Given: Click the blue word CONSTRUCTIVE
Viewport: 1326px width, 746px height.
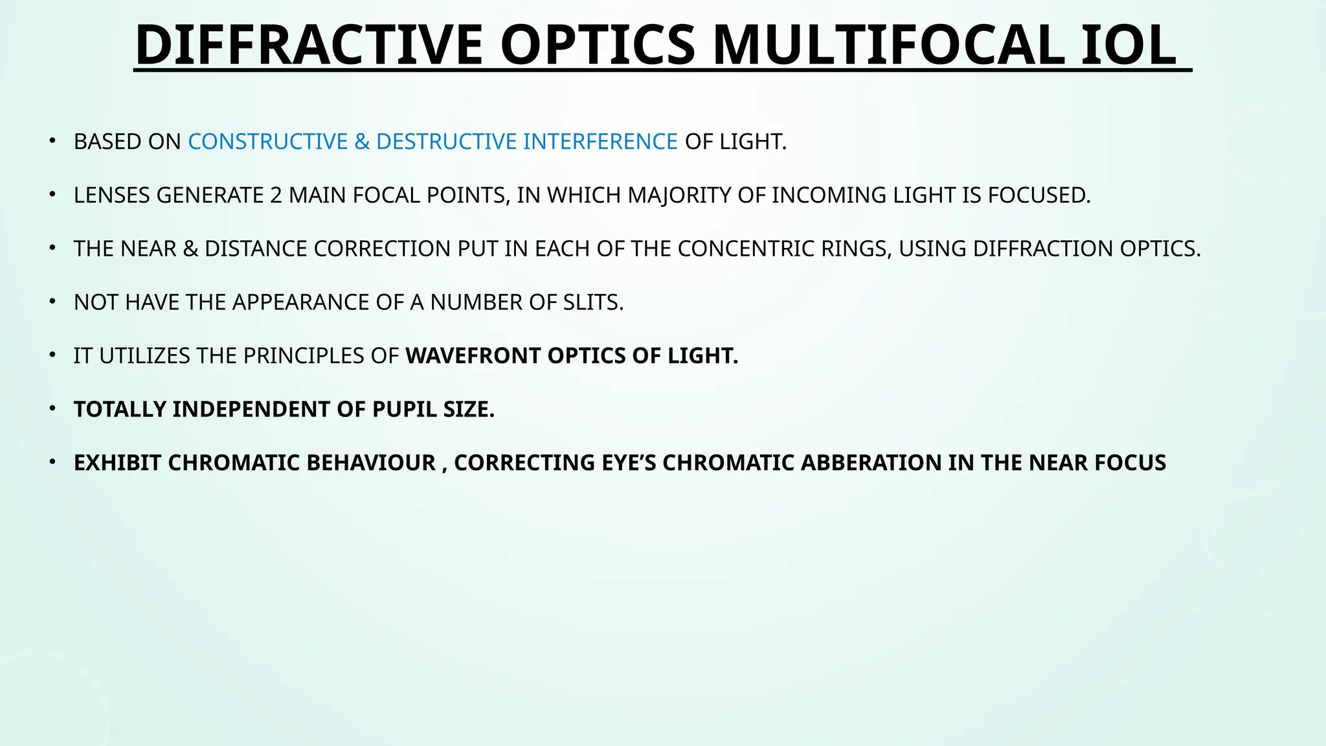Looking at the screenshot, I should pyautogui.click(x=268, y=141).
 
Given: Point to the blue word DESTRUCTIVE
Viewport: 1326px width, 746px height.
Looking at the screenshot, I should pyautogui.click(x=446, y=141).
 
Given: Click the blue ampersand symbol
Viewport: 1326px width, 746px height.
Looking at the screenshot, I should pyautogui.click(x=361, y=141).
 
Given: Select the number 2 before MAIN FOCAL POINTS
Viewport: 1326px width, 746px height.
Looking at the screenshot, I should pyautogui.click(x=276, y=195).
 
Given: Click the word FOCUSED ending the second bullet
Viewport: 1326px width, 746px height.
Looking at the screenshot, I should pyautogui.click(x=1039, y=195).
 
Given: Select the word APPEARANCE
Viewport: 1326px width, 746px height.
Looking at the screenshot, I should pyautogui.click(x=318, y=302).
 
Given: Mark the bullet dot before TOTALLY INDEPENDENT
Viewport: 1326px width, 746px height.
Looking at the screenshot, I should pyautogui.click(x=52, y=409).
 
